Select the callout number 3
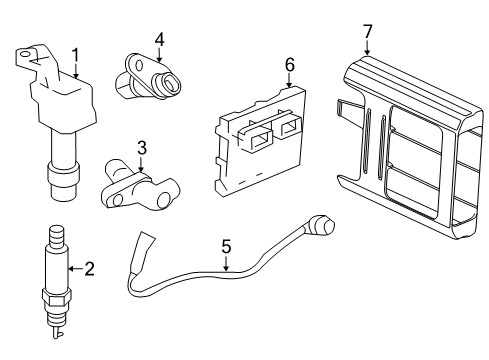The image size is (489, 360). point(142,147)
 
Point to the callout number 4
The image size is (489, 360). point(158,40)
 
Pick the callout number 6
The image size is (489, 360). point(289,64)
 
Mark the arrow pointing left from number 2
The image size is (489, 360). point(74,267)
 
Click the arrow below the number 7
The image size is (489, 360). point(368,47)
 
